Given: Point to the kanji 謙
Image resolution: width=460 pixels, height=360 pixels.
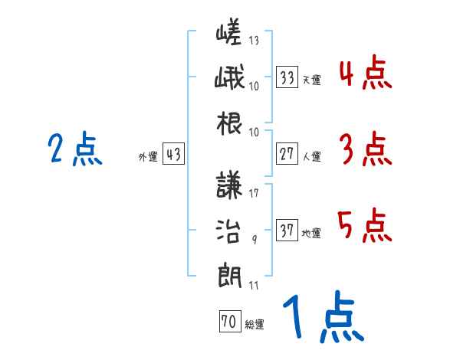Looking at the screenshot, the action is [x=228, y=186].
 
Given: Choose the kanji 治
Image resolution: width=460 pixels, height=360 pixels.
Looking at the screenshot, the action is [x=228, y=230].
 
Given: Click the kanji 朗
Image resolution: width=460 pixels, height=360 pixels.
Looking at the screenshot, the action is [x=228, y=273].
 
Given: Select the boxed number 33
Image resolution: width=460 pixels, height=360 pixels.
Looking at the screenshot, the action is [x=287, y=78].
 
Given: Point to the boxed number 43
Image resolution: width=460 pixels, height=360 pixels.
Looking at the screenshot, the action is [x=173, y=155].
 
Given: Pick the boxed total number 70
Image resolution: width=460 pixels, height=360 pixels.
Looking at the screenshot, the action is [x=229, y=322].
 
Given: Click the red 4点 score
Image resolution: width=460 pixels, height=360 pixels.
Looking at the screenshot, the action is [x=364, y=74].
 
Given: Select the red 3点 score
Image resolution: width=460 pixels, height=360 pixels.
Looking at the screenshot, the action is [x=364, y=149].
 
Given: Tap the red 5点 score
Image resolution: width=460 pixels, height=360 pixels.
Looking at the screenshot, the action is [x=364, y=226].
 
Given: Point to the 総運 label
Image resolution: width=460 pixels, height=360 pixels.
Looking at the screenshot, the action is [x=255, y=325].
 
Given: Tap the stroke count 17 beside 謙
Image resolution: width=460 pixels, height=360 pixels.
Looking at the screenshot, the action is [x=254, y=193].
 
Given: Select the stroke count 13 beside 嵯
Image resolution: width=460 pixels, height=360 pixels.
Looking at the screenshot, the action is [x=254, y=40].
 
